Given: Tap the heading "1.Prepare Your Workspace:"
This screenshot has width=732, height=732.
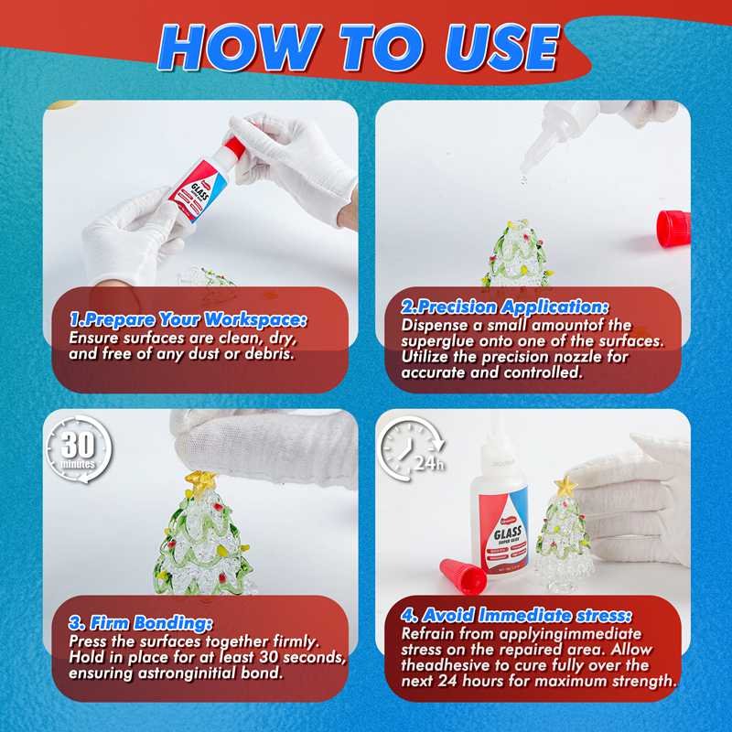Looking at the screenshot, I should pos(188,319).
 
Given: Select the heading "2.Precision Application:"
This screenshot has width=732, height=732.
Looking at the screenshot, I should pos(505,308).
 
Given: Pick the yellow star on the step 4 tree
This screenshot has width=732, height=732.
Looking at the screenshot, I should pos(565,486).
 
